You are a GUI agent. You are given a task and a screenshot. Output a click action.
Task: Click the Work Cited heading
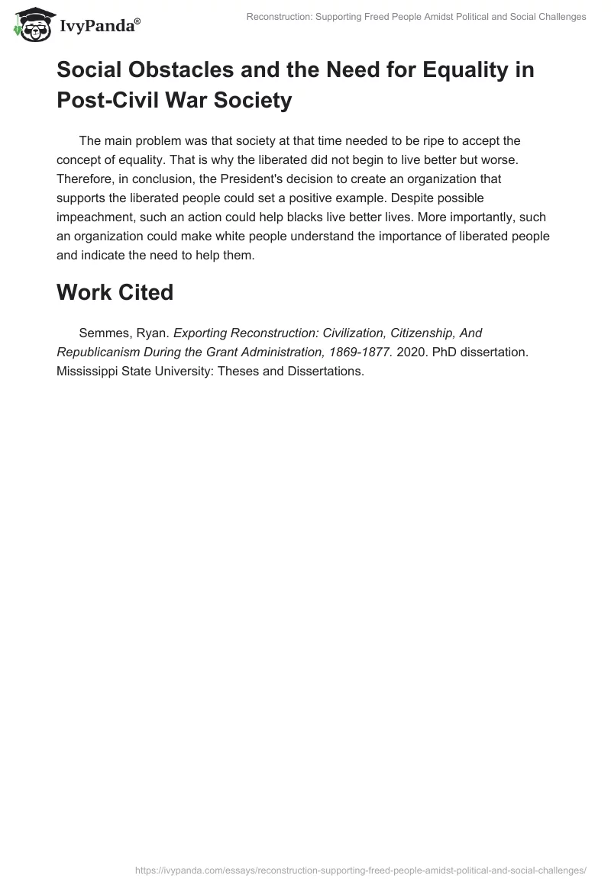point(115,293)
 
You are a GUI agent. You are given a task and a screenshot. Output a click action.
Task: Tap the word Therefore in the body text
point(86,179)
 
